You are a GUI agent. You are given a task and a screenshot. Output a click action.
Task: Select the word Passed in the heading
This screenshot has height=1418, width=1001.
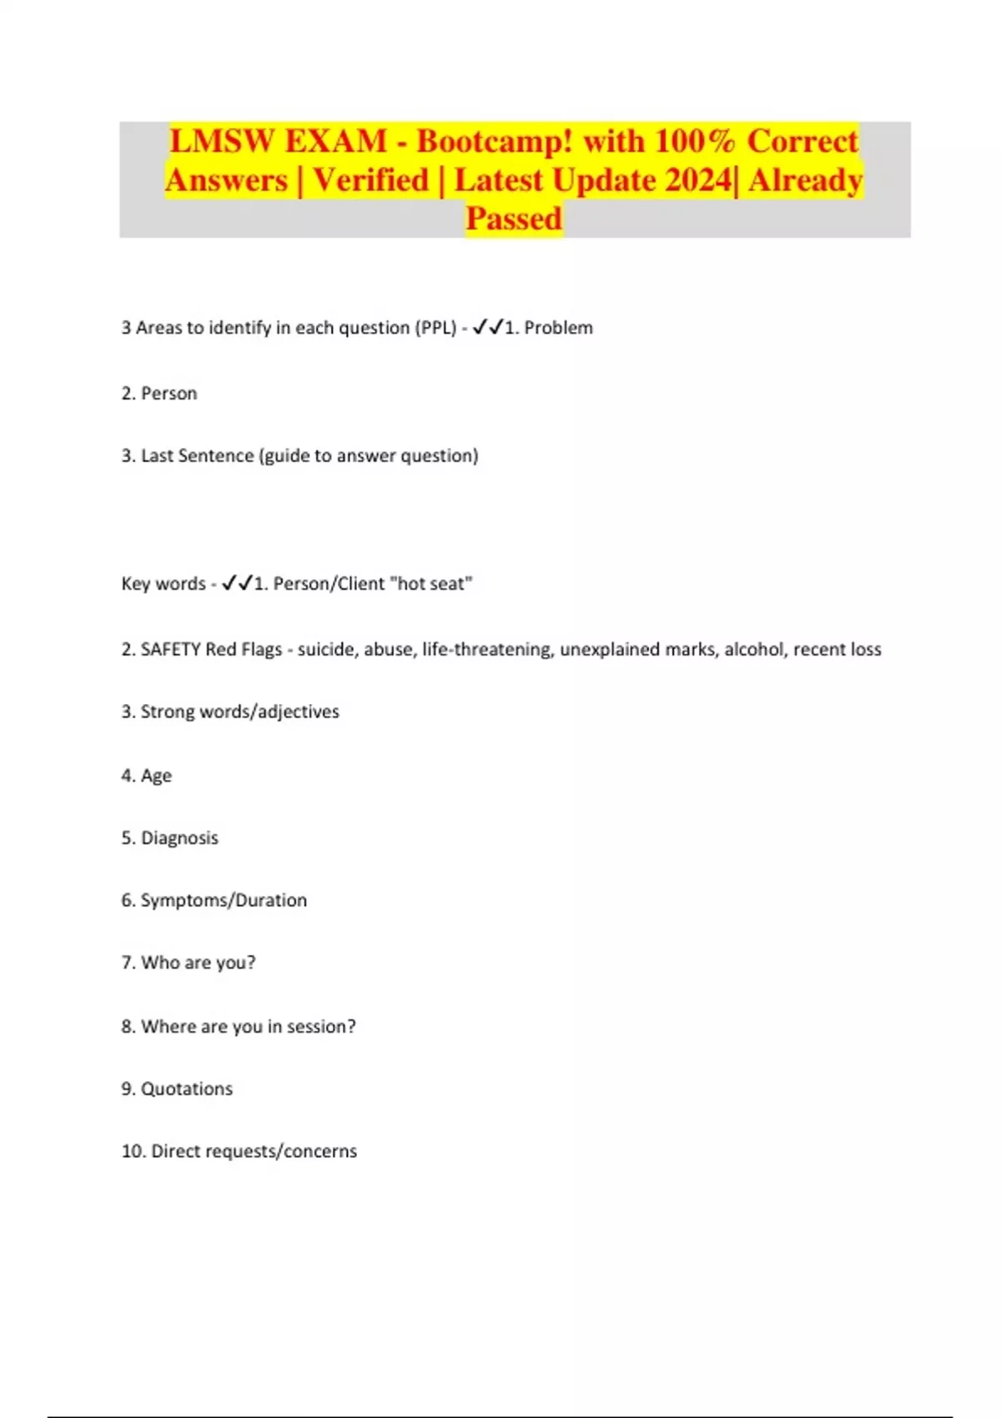click(x=514, y=219)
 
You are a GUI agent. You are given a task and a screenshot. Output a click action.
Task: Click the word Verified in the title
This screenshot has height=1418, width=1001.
click(x=370, y=180)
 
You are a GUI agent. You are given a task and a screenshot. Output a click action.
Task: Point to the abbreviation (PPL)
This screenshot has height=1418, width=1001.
click(x=435, y=328)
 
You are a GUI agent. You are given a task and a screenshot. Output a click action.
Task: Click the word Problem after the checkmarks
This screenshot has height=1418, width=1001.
click(x=558, y=328)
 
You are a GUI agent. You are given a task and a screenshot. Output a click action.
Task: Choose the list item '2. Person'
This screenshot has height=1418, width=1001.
click(x=159, y=393)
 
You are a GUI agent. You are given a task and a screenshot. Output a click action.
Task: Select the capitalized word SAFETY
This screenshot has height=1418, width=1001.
click(x=170, y=649)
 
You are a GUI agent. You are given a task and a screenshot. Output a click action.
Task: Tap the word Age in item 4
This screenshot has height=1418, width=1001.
click(x=156, y=776)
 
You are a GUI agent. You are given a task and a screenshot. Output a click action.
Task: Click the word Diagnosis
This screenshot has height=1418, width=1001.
click(x=179, y=837)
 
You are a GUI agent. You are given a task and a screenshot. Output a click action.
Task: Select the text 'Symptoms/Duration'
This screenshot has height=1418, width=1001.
click(x=224, y=900)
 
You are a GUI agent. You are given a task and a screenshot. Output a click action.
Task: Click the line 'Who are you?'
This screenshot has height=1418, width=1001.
click(x=189, y=963)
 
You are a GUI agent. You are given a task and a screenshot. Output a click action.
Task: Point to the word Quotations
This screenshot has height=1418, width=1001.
click(x=187, y=1089)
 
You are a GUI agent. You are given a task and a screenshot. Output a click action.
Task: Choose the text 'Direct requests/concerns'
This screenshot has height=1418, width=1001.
click(x=254, y=1151)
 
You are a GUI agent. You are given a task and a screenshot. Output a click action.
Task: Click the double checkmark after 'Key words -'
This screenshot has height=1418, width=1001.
click(x=237, y=583)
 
